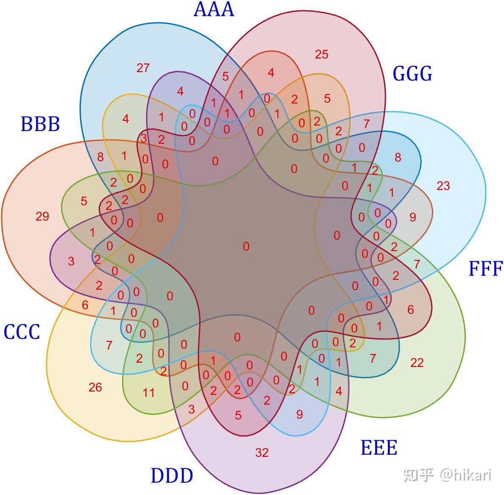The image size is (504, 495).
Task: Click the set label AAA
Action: click(214, 10)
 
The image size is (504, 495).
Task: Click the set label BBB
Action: click(40, 124)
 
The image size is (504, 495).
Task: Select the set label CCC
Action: click(22, 332)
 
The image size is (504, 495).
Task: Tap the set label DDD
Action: click(172, 476)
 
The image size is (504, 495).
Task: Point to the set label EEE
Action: click(379, 448)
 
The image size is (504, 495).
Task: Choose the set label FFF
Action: click(485, 269)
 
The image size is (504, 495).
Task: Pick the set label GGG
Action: click(412, 73)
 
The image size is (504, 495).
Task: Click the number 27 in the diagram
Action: click(143, 68)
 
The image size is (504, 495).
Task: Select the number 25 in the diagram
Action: click(322, 54)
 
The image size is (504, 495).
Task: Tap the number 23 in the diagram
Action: click(443, 186)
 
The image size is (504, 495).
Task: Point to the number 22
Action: click(417, 363)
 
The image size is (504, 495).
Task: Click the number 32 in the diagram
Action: click(262, 453)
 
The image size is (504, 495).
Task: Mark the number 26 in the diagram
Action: click(95, 387)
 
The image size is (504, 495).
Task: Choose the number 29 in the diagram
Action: click(42, 217)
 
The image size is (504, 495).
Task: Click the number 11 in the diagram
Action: click(148, 393)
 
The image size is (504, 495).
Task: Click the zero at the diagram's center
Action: click(246, 246)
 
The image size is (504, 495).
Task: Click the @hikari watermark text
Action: click(465, 475)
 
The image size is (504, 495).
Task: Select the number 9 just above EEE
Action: click(300, 414)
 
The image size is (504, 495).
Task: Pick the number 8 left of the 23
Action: click(398, 157)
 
